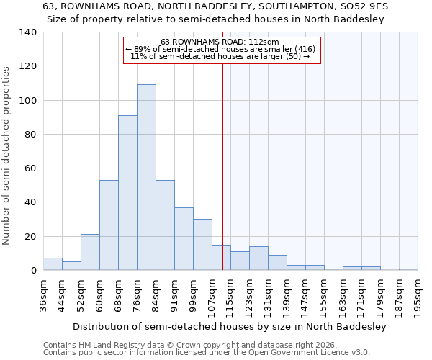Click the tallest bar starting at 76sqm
(146, 177)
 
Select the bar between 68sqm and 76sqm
(127, 193)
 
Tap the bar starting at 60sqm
(109, 225)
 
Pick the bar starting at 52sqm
(90, 252)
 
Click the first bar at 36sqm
(53, 264)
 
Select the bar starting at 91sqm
(184, 239)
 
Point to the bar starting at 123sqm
(258, 258)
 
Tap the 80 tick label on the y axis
(30, 135)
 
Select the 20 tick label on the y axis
(30, 237)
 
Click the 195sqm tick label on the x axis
(418, 294)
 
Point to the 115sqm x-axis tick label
(230, 294)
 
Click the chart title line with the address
(216, 6)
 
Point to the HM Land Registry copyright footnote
(194, 345)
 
